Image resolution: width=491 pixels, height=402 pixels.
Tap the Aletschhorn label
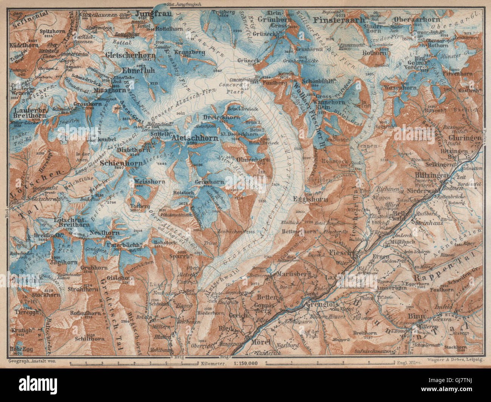pyautogui.click(x=195, y=138)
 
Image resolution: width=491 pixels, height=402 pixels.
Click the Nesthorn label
pyautogui.click(x=105, y=233)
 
